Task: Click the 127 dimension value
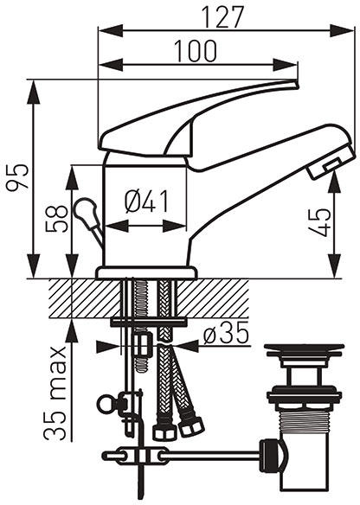click(x=222, y=17)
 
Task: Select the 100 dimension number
click(x=196, y=51)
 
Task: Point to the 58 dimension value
click(x=57, y=219)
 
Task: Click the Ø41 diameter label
click(x=146, y=201)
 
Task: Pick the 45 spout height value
click(x=319, y=222)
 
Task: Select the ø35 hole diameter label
click(x=226, y=332)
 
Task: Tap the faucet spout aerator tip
click(x=328, y=165)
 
